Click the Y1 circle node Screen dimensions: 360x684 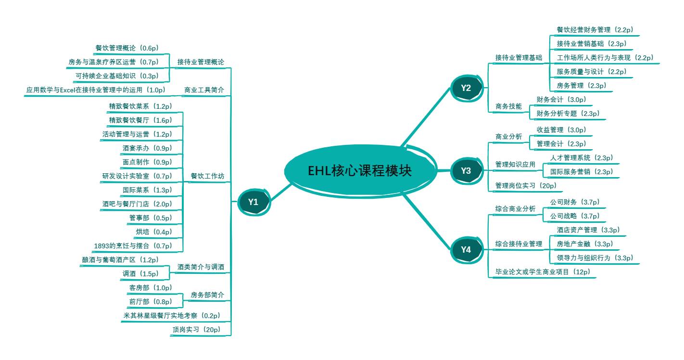pos(253,202)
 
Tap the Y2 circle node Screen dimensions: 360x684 pos(466,88)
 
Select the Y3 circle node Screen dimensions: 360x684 pos(466,171)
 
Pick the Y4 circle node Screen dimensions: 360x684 pos(466,249)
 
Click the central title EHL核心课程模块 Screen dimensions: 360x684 pos(360,171)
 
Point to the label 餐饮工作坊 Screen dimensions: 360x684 pos(207,176)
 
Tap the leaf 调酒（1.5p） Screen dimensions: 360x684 pos(147,274)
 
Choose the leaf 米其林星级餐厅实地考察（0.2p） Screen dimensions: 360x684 pos(171,316)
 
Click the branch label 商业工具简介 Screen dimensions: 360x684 pos(204,90)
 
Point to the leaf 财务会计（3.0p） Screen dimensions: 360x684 pos(561,100)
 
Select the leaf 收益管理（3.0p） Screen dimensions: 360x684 pos(561,130)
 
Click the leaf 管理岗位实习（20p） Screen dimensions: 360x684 pos(525,186)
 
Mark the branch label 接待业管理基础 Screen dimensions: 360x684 pos(519,58)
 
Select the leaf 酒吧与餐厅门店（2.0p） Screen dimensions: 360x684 pos(137,204)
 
